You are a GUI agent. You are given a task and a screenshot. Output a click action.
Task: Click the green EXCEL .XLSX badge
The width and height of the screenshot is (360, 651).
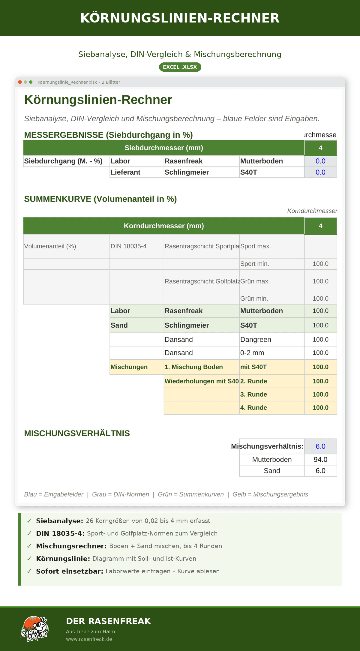[x=180, y=67]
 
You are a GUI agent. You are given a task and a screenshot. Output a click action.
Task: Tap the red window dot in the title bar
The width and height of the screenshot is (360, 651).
[x=20, y=82]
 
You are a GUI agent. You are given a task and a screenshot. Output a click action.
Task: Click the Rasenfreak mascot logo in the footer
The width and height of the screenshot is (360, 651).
[x=34, y=629]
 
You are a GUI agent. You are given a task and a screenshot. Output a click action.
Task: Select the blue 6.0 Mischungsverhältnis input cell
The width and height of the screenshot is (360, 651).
[x=320, y=446]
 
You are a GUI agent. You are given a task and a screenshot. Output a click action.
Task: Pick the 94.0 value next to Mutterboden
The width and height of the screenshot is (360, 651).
[x=320, y=460]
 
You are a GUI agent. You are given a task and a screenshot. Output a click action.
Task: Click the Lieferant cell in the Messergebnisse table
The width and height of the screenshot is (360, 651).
[x=125, y=172]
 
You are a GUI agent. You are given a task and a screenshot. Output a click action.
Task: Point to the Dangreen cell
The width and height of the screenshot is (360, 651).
[x=256, y=340]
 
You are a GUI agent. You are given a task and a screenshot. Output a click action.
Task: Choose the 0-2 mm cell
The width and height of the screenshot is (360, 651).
[x=252, y=353]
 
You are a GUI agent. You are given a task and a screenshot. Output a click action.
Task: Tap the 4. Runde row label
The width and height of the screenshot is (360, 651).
[x=253, y=408]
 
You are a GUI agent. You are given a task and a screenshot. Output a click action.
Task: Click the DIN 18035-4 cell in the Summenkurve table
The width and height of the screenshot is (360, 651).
[x=128, y=246]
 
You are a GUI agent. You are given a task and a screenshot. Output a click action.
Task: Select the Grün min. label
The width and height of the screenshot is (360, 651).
[x=254, y=298]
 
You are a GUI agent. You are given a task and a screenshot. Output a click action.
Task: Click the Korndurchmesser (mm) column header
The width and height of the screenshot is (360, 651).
[x=164, y=226]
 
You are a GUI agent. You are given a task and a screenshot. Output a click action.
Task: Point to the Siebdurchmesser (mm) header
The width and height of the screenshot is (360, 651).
[x=164, y=148]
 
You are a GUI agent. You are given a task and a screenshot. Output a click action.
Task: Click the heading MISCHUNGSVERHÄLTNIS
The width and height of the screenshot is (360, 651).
[x=77, y=433]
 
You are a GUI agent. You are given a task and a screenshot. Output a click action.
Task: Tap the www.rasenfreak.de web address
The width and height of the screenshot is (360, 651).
[x=89, y=639]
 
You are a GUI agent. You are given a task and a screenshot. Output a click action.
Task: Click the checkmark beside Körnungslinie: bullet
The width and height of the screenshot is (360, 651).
[x=29, y=559]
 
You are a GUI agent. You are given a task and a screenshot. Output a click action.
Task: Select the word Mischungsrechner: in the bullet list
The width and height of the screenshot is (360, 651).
[x=71, y=546]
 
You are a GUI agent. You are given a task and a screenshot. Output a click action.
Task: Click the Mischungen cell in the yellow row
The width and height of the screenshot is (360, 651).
[x=129, y=367]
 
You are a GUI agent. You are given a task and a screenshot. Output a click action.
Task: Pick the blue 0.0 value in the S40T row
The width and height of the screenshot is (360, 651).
[x=320, y=172]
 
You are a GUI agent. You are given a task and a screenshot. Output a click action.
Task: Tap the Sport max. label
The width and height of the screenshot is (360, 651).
[x=255, y=246]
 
